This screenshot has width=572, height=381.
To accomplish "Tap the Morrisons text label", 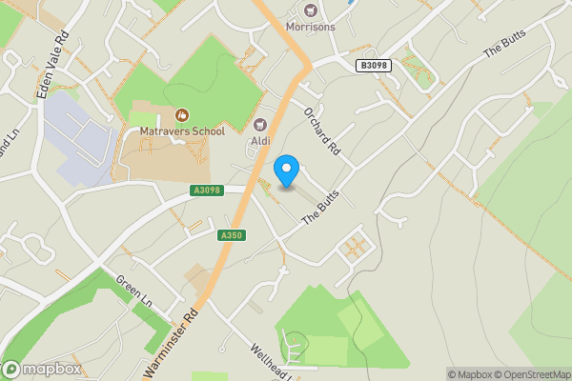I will tap(310, 27).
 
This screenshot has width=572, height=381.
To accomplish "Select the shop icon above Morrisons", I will tap(310, 9).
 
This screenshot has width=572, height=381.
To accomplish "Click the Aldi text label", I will tap(260, 141).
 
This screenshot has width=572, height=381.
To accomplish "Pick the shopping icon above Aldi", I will tap(260, 124).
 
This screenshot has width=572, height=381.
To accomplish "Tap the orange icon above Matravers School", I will tap(181, 114).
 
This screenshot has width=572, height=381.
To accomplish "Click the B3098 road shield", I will tap(375, 65).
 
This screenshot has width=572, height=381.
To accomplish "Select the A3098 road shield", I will tap(205, 190).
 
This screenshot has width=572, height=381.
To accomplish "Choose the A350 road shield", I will tap(230, 235).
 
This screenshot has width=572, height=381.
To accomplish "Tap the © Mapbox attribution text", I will tap(472, 374).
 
